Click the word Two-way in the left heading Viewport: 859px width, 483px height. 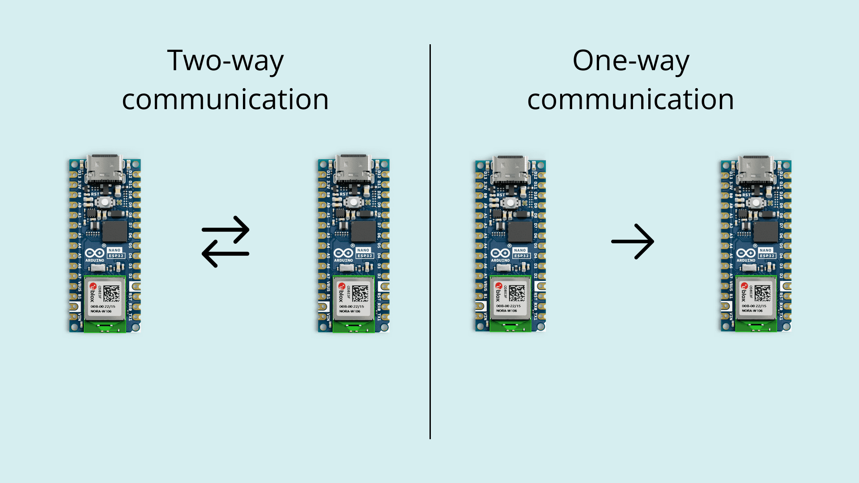coord(225,61)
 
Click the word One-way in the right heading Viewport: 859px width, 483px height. coord(630,61)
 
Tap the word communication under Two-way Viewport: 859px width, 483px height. coord(225,99)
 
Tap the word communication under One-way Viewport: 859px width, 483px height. coord(630,99)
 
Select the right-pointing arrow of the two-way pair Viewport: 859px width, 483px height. coord(226,229)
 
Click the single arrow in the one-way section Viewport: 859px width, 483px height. coord(633,241)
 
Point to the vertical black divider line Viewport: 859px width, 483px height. coord(430,241)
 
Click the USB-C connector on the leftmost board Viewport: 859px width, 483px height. coord(105,169)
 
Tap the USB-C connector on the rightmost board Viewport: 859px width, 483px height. coord(756,169)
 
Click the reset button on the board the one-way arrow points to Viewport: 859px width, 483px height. coord(756,203)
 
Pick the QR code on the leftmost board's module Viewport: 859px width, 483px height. coord(112,293)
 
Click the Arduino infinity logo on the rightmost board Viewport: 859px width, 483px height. coord(746,253)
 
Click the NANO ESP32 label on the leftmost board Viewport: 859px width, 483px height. coord(115,253)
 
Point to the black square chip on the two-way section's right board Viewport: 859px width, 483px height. coord(363,231)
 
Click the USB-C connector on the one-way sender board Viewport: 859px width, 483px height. coord(510,169)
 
